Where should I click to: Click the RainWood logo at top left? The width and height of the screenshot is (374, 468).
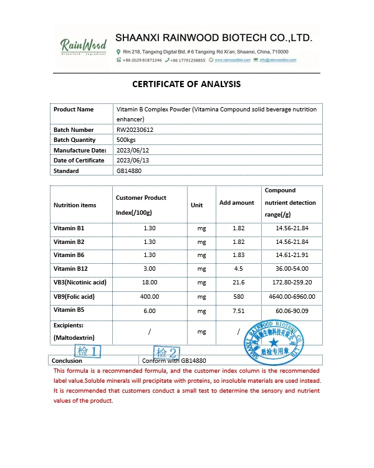click(83, 47)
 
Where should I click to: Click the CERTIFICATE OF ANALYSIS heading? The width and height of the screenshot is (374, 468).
click(186, 84)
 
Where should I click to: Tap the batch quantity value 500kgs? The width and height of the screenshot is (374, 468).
click(127, 140)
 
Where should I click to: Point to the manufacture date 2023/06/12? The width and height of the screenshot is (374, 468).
click(133, 150)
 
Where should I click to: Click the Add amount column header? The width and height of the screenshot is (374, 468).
click(237, 203)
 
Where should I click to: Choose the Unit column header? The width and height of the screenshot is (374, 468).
click(197, 205)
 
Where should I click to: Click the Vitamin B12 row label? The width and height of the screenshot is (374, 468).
click(70, 269)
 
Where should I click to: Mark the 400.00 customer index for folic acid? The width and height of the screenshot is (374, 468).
click(150, 296)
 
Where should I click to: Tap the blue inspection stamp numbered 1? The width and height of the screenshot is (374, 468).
click(87, 352)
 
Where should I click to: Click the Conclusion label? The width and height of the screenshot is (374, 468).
click(67, 360)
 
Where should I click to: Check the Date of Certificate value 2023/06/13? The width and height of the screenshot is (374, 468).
click(133, 161)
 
